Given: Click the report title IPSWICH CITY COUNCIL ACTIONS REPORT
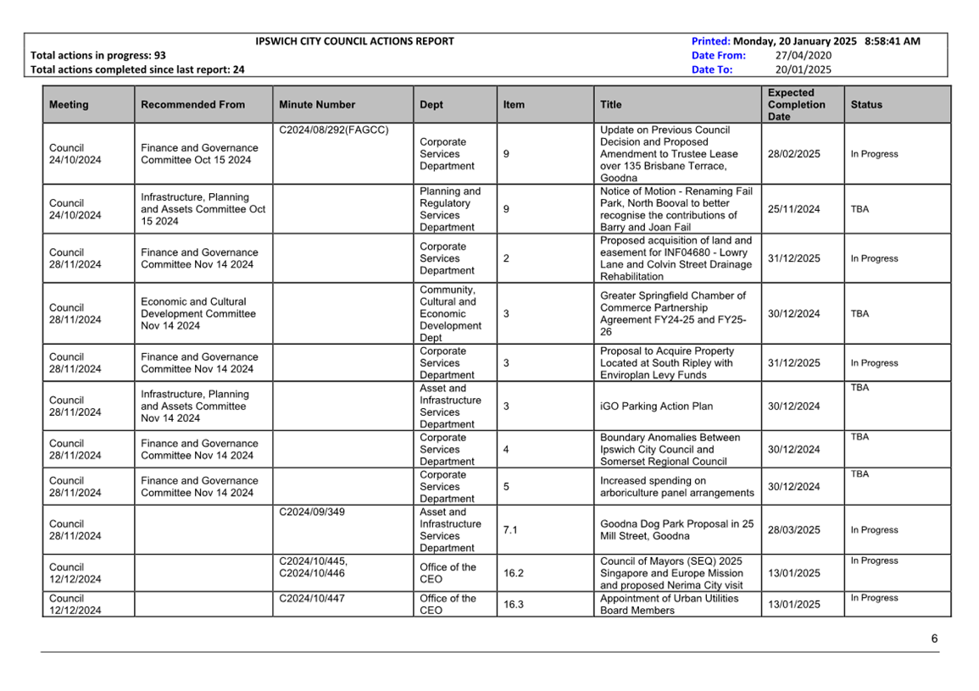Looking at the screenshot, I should [x=354, y=41].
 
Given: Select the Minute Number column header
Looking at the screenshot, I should [x=315, y=105].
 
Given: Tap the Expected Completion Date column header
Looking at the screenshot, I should [x=796, y=105].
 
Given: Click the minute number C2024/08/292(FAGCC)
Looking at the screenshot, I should [x=333, y=130].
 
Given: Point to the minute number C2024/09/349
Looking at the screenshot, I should [x=312, y=511].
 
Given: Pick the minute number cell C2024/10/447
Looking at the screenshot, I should [x=312, y=598].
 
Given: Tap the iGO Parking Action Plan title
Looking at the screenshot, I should [x=656, y=406].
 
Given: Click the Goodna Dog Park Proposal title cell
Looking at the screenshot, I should [x=676, y=530].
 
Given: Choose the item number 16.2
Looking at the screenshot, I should [x=514, y=573].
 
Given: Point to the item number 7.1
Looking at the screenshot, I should [x=510, y=530].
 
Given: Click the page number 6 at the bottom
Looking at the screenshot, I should [x=934, y=638].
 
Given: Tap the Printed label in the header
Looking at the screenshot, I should [x=710, y=41].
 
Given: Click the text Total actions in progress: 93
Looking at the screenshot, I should [x=98, y=55].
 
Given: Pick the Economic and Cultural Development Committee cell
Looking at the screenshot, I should [x=197, y=313].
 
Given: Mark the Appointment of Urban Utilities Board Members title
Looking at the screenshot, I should [x=669, y=604].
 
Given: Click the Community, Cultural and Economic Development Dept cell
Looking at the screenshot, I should [x=450, y=313].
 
